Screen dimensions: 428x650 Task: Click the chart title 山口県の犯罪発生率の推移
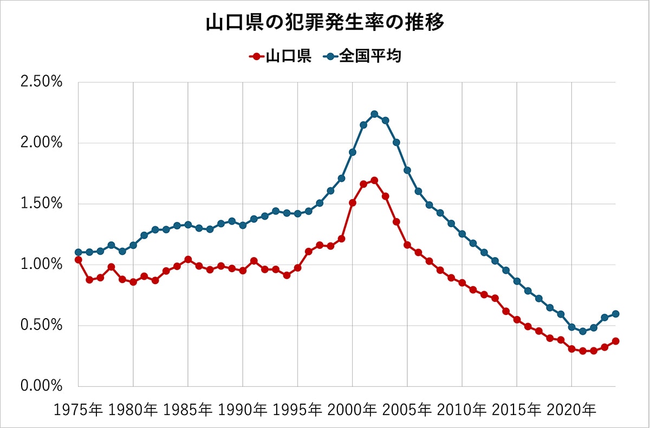pos(325,23)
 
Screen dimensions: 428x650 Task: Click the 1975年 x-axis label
pos(79,410)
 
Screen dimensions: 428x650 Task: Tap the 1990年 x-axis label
pos(243,410)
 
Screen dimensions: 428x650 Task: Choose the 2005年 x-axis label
pos(407,410)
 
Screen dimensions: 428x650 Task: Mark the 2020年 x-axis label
pos(571,410)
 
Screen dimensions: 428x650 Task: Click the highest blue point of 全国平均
pos(374,114)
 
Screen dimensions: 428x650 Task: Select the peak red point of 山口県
pos(374,180)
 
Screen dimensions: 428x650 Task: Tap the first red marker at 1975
pos(79,260)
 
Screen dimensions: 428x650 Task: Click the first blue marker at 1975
pos(79,252)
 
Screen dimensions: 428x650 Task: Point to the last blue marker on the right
pos(615,314)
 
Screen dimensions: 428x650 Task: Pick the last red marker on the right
pos(615,341)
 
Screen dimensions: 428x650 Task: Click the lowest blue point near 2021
pos(582,331)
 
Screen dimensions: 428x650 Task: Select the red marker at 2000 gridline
pos(352,203)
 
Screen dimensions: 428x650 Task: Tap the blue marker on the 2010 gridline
pos(462,234)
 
